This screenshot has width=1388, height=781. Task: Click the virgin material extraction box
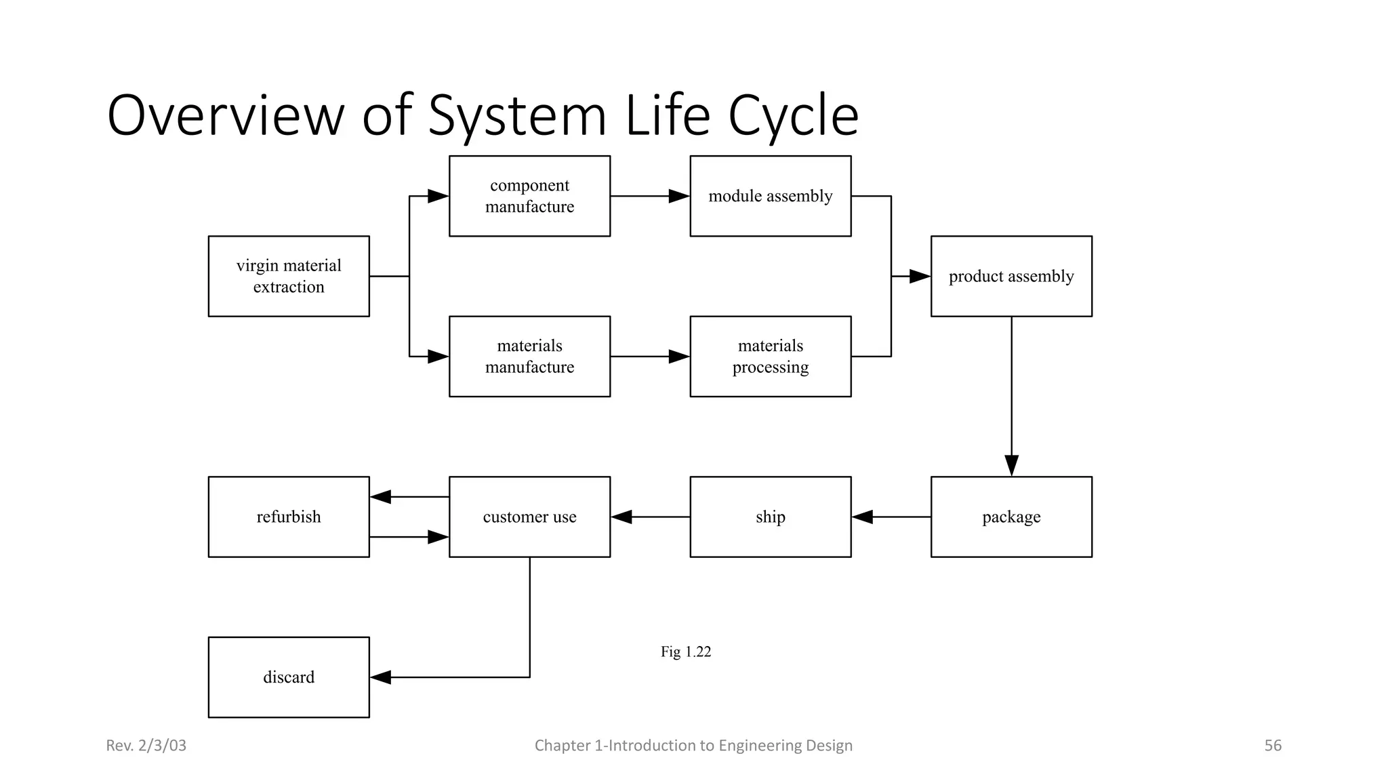point(289,276)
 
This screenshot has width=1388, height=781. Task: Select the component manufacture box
point(529,196)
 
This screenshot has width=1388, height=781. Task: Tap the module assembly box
point(771,196)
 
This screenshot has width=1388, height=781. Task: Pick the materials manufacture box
point(529,356)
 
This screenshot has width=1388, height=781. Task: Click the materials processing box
point(771,356)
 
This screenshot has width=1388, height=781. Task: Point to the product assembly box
point(1011,276)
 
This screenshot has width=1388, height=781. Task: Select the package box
point(1011,517)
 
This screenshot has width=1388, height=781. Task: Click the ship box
point(771,517)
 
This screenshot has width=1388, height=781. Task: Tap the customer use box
point(529,517)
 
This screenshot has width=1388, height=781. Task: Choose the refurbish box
point(289,517)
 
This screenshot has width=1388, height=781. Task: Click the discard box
point(289,677)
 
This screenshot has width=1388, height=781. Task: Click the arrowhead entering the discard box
point(381,677)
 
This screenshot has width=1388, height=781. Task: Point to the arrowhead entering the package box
point(1011,466)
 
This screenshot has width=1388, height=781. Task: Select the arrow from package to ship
point(891,517)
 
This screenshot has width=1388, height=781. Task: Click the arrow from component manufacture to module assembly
point(650,196)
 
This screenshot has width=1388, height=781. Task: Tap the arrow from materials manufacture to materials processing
point(650,356)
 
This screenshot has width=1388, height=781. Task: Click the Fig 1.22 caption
point(685,652)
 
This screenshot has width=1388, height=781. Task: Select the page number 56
point(1272,745)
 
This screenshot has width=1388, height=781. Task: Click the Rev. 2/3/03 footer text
point(146,745)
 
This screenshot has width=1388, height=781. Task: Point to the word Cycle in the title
point(793,116)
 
